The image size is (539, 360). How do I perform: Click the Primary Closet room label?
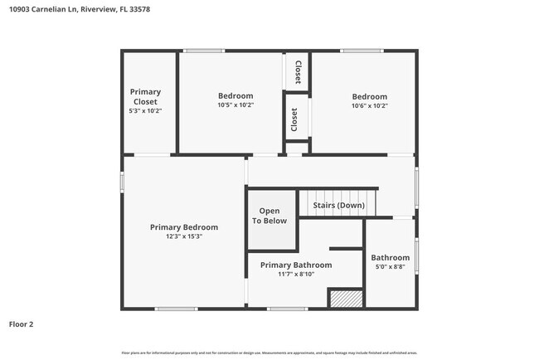[x=145, y=96]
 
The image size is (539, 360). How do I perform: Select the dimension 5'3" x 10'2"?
[x=145, y=111]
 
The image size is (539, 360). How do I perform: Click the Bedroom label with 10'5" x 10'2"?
[x=236, y=95]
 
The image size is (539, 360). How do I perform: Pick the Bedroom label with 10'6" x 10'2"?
[x=369, y=96]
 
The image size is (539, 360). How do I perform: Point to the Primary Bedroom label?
[x=184, y=226]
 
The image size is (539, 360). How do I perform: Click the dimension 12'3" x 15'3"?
[x=184, y=236]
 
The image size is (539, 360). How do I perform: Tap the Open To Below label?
[x=269, y=216]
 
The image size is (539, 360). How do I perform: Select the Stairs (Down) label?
[x=337, y=205]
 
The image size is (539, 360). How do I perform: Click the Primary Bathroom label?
[x=296, y=265]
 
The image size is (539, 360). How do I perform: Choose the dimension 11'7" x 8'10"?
[x=296, y=275]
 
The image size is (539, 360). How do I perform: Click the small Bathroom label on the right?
[x=390, y=257]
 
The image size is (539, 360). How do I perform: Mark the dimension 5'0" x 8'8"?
[x=390, y=268]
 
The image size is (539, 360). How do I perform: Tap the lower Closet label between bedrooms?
[x=294, y=119]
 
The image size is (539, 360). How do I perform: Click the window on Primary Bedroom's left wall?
[x=123, y=182]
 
